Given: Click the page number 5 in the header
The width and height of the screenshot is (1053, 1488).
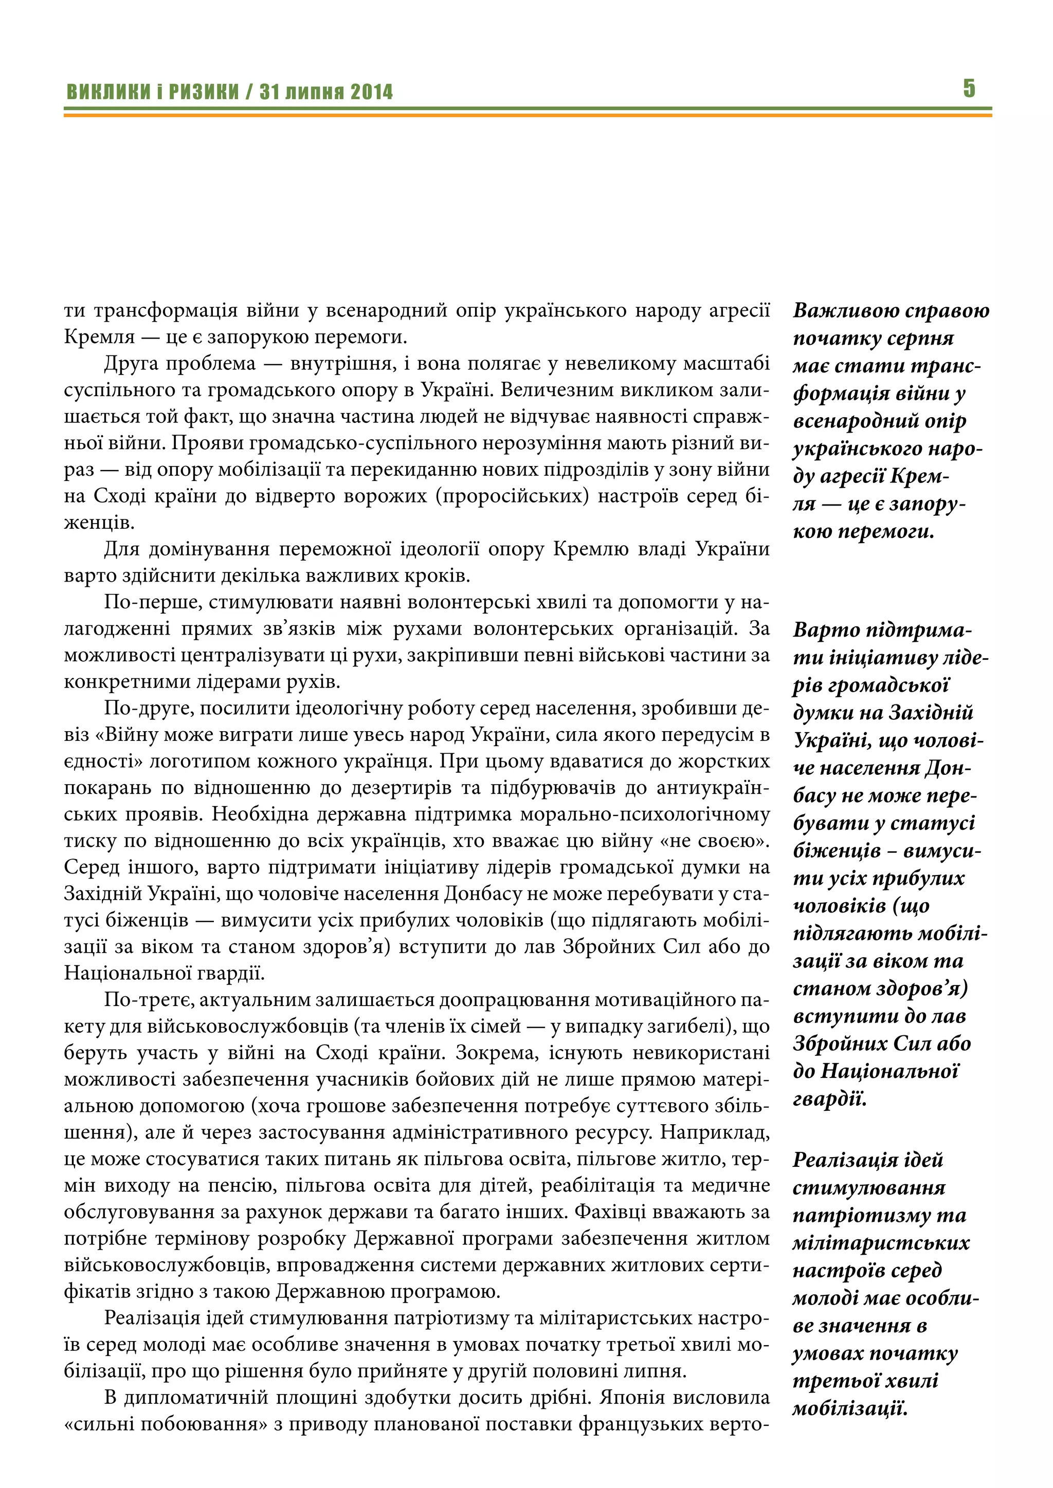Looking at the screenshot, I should (x=969, y=88).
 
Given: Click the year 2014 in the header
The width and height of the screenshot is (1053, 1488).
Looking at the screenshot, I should (x=372, y=92).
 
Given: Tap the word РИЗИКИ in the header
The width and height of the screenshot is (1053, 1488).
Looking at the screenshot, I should (x=204, y=92).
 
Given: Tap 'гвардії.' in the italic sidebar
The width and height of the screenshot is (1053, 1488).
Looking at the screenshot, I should (x=829, y=1099).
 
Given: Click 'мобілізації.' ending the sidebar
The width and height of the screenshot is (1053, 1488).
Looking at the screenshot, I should (x=849, y=1409).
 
